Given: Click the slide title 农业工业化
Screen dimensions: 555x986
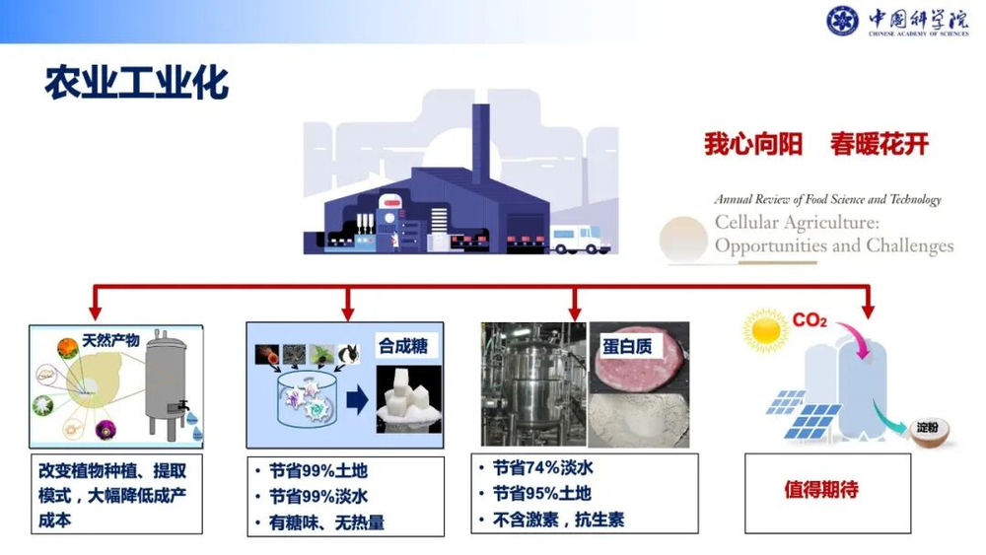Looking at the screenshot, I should (x=137, y=84).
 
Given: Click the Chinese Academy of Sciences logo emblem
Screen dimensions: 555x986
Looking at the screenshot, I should (x=843, y=21).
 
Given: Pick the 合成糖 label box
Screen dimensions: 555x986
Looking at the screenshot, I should (x=405, y=346).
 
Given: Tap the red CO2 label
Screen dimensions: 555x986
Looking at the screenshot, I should (x=810, y=320).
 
